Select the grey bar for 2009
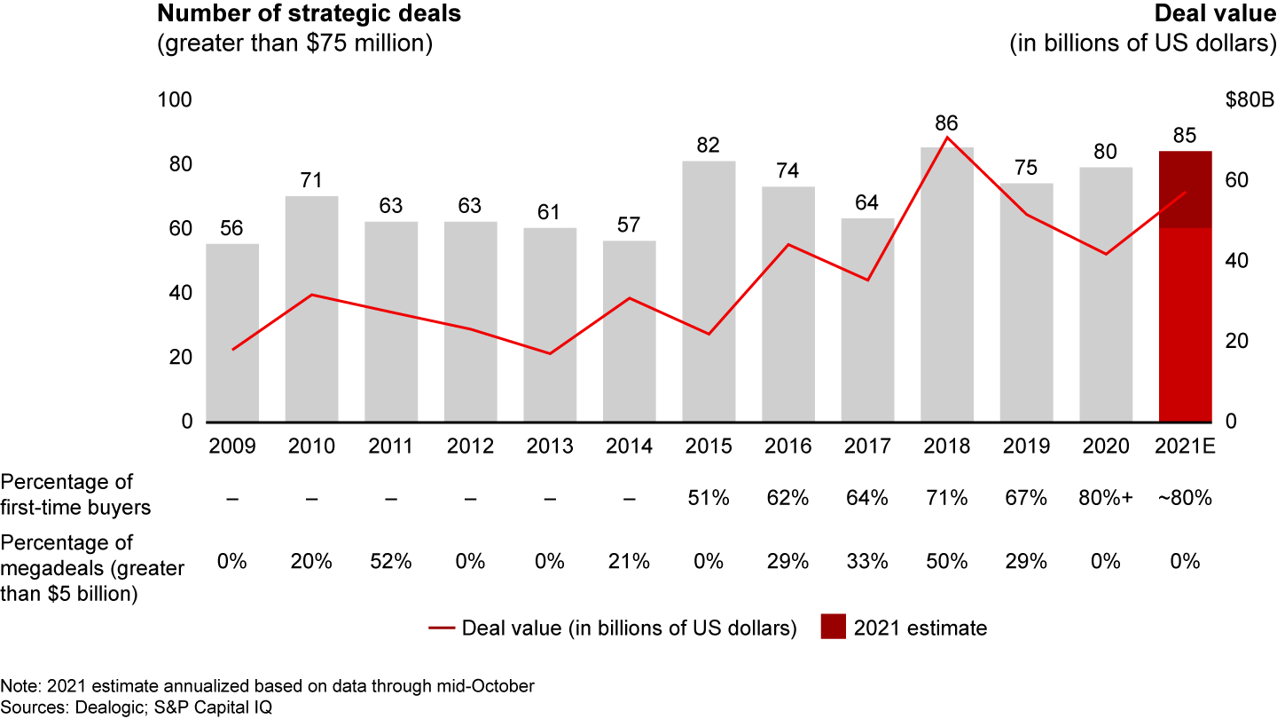pyautogui.click(x=232, y=333)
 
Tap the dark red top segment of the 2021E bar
pyautogui.click(x=1186, y=189)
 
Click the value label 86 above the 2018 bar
pyautogui.click(x=946, y=123)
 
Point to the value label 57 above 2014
pyautogui.click(x=629, y=225)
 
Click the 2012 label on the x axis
pyautogui.click(x=470, y=446)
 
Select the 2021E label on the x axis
pyautogui.click(x=1186, y=446)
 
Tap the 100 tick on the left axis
pyautogui.click(x=175, y=100)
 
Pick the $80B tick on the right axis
pyautogui.click(x=1249, y=100)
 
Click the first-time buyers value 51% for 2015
pyautogui.click(x=708, y=499)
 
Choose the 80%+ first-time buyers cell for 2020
pyautogui.click(x=1105, y=499)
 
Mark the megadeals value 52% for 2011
pyautogui.click(x=391, y=561)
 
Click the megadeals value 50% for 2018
pyautogui.click(x=946, y=561)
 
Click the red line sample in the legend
pyautogui.click(x=441, y=628)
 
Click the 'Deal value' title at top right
pyautogui.click(x=1215, y=14)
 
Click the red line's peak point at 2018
pyautogui.click(x=947, y=137)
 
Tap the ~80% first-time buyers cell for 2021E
pyautogui.click(x=1185, y=499)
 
